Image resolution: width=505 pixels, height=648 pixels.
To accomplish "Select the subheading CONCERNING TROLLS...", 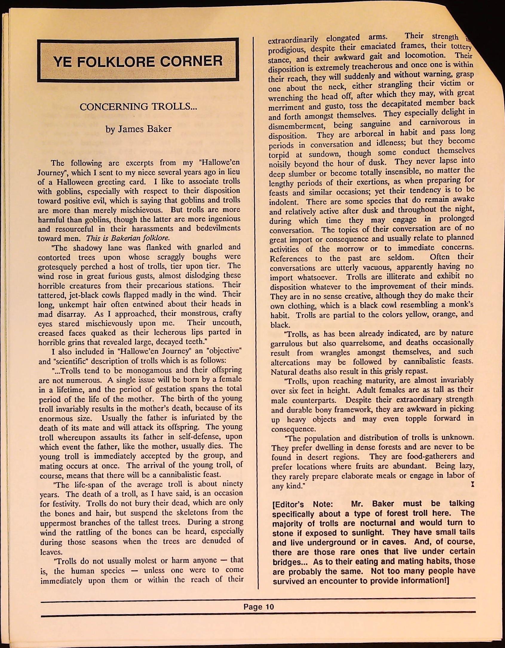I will pyautogui.click(x=138, y=107).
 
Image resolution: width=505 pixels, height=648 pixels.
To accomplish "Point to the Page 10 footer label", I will pyautogui.click(x=258, y=607).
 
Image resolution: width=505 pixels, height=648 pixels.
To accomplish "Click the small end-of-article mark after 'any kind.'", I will pyautogui.click(x=472, y=485).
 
